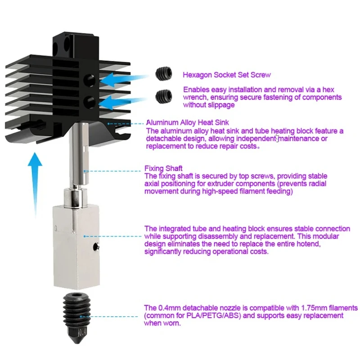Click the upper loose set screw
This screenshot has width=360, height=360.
(x=164, y=73)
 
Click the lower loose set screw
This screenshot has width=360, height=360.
(x=164, y=96)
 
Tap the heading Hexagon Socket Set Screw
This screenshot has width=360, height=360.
(x=227, y=75)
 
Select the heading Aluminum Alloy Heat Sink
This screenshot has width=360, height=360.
(x=188, y=122)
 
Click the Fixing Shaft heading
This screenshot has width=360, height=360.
(x=163, y=168)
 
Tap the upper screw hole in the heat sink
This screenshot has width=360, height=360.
(x=90, y=81)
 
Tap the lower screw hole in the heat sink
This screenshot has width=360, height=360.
(x=90, y=102)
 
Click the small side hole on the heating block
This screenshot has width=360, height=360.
(x=96, y=247)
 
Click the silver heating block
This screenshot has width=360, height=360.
(x=76, y=247)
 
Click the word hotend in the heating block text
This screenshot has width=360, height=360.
(x=308, y=244)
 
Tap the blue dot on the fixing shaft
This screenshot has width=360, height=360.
(x=85, y=171)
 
